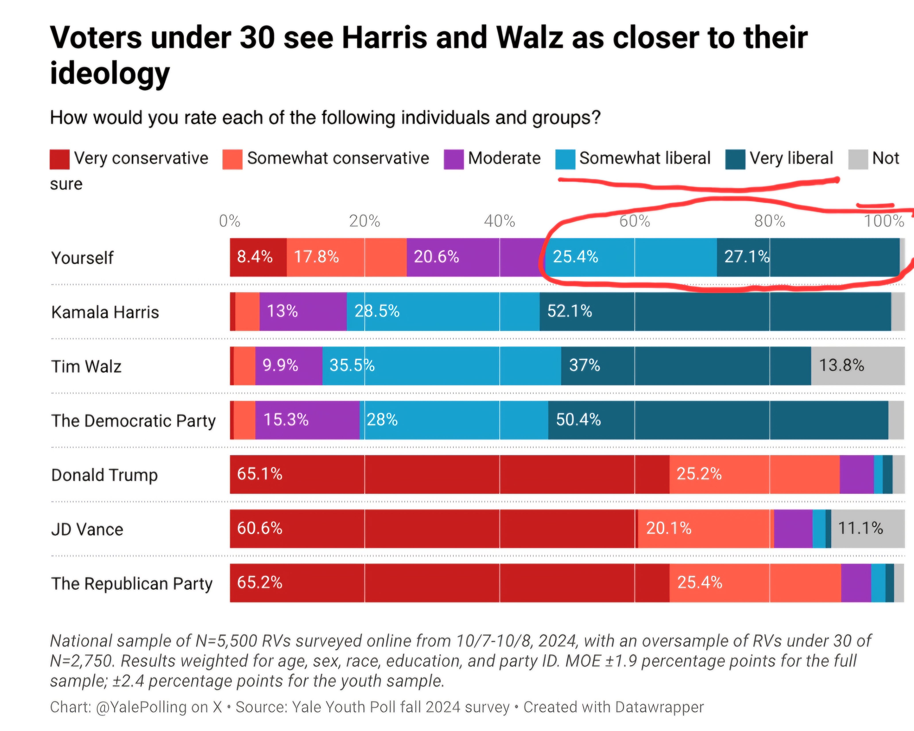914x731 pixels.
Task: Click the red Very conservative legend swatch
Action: [59, 159]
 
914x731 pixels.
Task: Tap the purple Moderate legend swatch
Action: [453, 159]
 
